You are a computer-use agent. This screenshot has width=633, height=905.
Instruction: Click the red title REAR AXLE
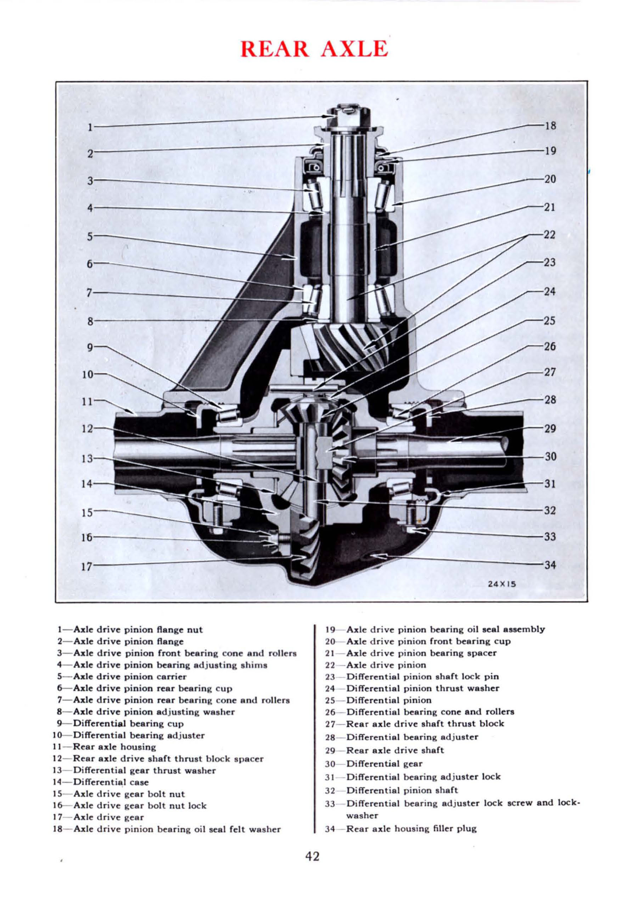tap(314, 49)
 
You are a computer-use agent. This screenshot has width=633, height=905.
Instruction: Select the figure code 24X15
tap(502, 584)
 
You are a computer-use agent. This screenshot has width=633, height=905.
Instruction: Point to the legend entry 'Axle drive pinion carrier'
tap(130, 677)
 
